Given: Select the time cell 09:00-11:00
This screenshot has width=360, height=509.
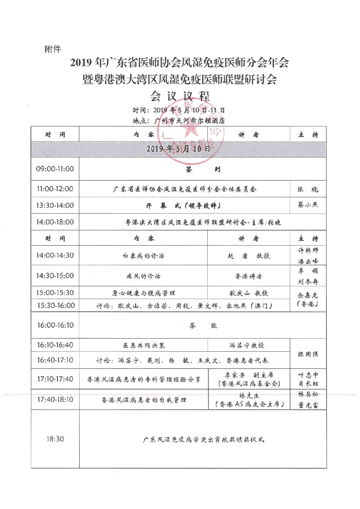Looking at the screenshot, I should [x=55, y=170].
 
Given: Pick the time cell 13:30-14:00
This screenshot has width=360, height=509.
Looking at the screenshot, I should [x=55, y=205].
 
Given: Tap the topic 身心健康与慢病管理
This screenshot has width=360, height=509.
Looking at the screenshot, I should [x=143, y=292].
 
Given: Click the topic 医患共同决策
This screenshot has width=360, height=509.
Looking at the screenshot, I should [x=144, y=345].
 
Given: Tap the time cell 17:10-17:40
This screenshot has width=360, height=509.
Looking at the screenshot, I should [x=55, y=379].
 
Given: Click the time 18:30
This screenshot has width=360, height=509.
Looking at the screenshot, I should [x=55, y=439].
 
